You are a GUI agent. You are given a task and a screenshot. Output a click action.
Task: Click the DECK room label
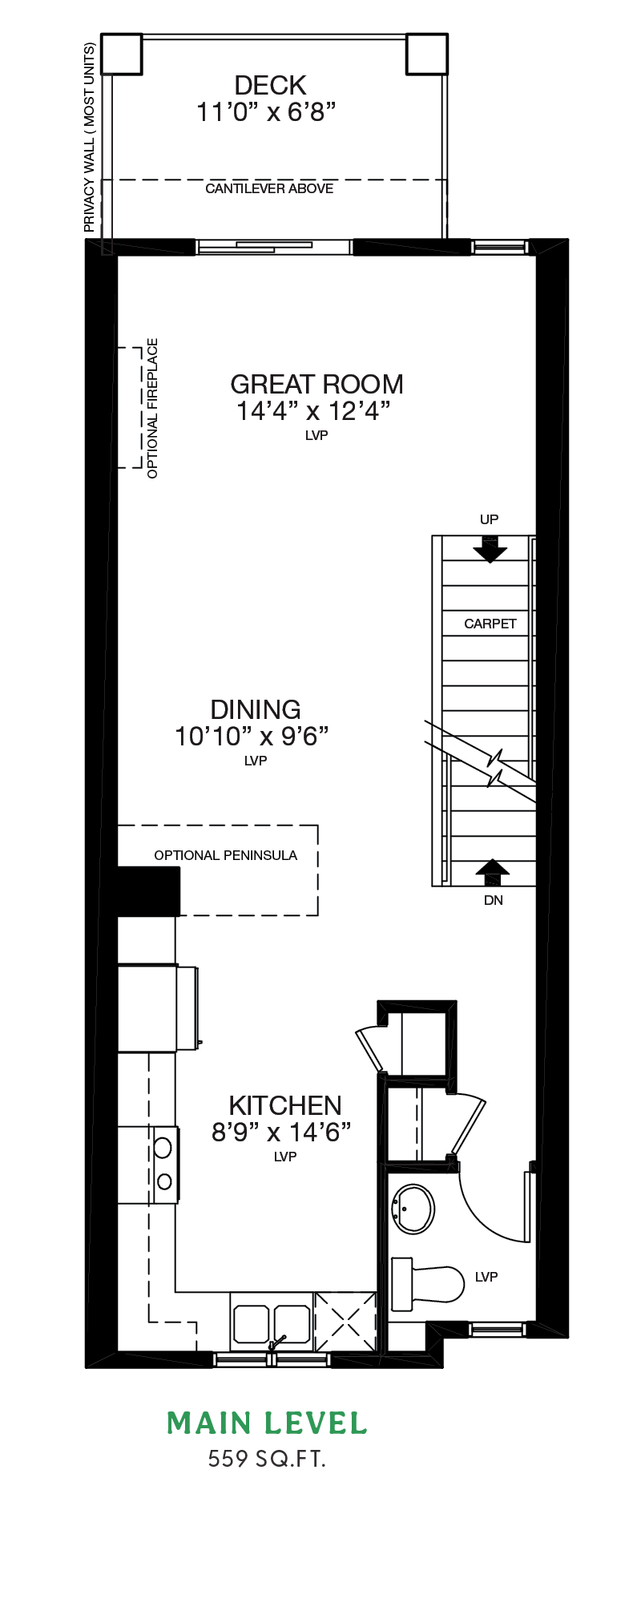pyautogui.click(x=270, y=85)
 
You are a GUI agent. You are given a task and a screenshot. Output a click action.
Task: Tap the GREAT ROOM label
pyautogui.click(x=316, y=384)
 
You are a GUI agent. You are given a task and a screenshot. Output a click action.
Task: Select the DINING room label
pyautogui.click(x=256, y=709)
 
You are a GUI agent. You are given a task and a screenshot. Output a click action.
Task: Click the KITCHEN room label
pyautogui.click(x=285, y=1105)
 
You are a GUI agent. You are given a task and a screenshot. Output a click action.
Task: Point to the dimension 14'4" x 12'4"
pyautogui.click(x=313, y=411)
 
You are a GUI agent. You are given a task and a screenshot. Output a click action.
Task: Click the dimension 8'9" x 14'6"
pyautogui.click(x=282, y=1132)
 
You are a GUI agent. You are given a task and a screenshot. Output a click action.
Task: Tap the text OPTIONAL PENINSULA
pyautogui.click(x=226, y=855)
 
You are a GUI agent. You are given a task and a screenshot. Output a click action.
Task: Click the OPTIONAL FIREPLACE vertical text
pyautogui.click(x=152, y=408)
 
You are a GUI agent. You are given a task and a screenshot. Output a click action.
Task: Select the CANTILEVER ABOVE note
pyautogui.click(x=269, y=188)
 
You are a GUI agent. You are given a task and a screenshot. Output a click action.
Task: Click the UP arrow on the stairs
pyautogui.click(x=490, y=549)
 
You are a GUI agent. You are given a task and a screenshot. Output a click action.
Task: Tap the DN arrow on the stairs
pyautogui.click(x=493, y=873)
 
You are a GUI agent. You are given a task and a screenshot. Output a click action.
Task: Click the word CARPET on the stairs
pyautogui.click(x=490, y=624)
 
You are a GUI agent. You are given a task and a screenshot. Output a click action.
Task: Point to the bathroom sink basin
pyautogui.click(x=413, y=1209)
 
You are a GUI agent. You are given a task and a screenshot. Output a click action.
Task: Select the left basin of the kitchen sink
pyautogui.click(x=252, y=1323)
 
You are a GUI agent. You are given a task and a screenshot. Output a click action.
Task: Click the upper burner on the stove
pyautogui.click(x=163, y=1147)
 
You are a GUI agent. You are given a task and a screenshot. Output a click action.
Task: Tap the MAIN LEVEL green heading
pyautogui.click(x=267, y=1423)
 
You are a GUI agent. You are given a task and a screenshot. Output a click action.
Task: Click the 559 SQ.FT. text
pyautogui.click(x=267, y=1458)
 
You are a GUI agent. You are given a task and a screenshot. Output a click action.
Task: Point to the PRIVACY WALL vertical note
pyautogui.click(x=89, y=138)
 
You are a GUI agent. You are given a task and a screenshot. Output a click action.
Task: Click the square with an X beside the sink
pyautogui.click(x=345, y=1322)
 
